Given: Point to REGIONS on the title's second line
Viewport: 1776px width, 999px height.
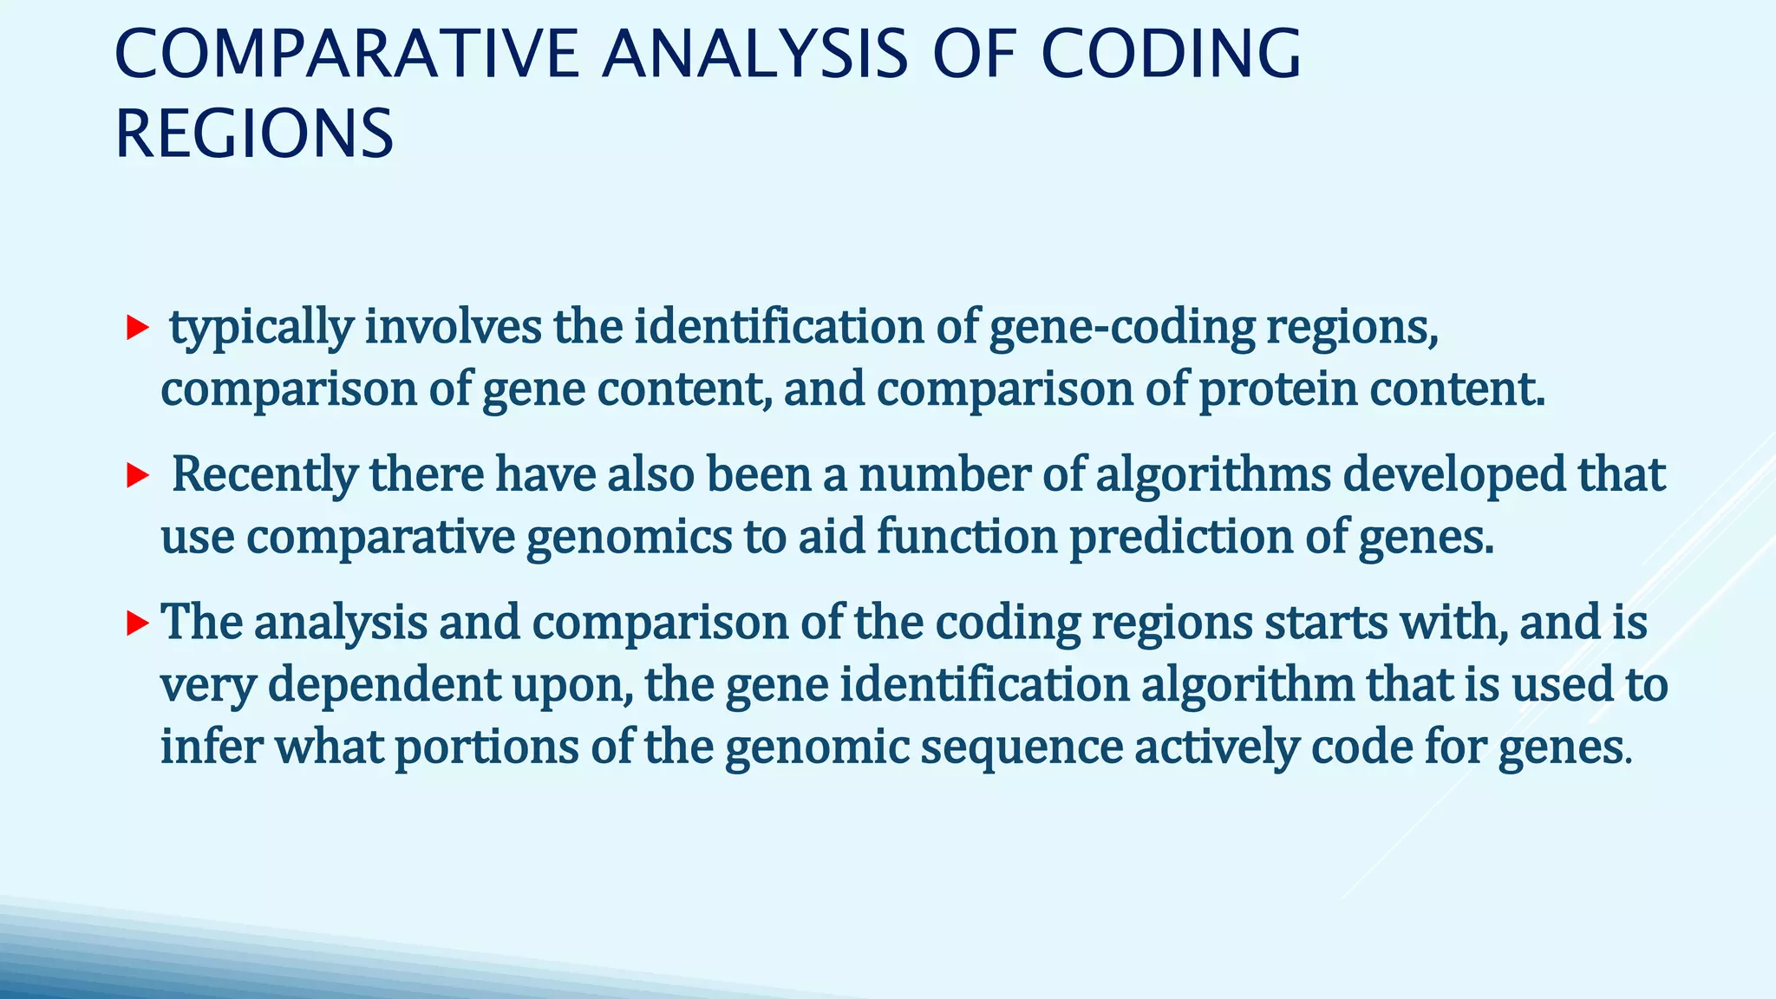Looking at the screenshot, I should pos(254,134).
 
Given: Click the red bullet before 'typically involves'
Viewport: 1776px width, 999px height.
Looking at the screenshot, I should pos(137,328).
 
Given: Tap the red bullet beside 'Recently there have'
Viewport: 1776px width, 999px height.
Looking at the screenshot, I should pos(137,475).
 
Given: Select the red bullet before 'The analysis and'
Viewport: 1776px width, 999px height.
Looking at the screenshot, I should pos(137,623).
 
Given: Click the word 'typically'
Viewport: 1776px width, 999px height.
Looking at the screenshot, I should pos(261,328).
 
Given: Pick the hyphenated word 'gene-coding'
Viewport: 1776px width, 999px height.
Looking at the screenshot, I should pos(1122,328).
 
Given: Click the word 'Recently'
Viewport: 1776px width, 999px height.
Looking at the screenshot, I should pos(264,475).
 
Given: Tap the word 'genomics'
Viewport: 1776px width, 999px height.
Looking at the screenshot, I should pos(630,537).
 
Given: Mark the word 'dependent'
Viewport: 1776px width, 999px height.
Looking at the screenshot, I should pos(383,685).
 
